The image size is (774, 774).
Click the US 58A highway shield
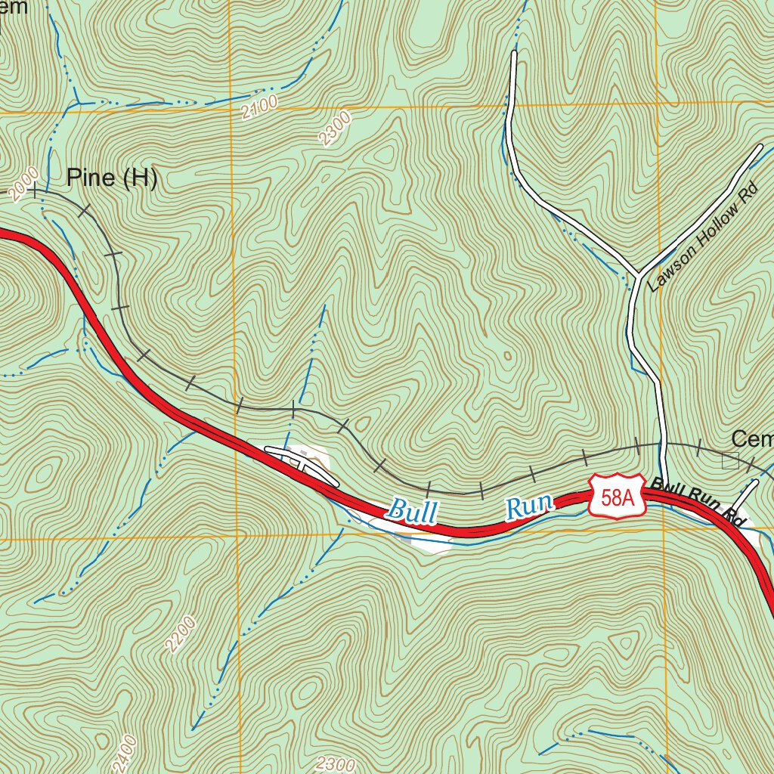coord(618,497)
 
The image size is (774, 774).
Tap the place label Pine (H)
coord(111,178)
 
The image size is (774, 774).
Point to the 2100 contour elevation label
coord(260,108)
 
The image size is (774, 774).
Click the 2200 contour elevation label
coord(182,633)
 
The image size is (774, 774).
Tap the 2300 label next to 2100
coord(336,128)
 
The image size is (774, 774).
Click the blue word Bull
coord(412,510)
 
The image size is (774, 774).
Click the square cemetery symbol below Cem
coord(729,460)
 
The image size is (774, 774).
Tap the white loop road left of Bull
coord(301,462)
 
